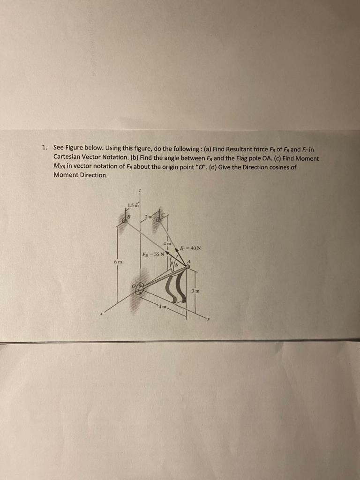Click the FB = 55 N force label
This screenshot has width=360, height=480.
[x=153, y=255]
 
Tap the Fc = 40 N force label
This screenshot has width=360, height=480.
[x=190, y=248]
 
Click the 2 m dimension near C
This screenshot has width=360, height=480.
[x=149, y=216]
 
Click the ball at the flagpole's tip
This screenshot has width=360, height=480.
[x=187, y=267]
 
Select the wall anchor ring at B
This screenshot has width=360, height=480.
[x=125, y=218]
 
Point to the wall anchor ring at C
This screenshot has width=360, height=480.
[x=159, y=218]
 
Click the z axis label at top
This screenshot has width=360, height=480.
[x=139, y=190]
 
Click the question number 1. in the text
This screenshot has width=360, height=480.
[x=44, y=147]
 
